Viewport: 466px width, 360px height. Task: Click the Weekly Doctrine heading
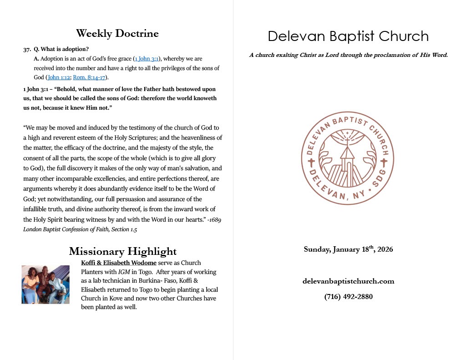pyautogui.click(x=117, y=33)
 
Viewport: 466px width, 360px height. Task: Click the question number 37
pyautogui.click(x=26, y=49)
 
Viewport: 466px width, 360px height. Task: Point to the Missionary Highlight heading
pyautogui.click(x=123, y=251)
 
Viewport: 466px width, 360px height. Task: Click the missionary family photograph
pyautogui.click(x=46, y=284)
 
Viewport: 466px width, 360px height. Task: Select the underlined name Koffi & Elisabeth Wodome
pyautogui.click(x=118, y=263)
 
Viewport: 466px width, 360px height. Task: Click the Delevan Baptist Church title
pyautogui.click(x=348, y=36)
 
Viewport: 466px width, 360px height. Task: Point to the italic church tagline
pyautogui.click(x=349, y=55)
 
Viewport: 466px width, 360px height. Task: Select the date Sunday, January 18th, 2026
pyautogui.click(x=348, y=249)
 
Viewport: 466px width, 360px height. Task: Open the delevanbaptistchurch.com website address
pyautogui.click(x=348, y=281)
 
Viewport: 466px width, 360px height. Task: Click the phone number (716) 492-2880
pyautogui.click(x=348, y=297)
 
